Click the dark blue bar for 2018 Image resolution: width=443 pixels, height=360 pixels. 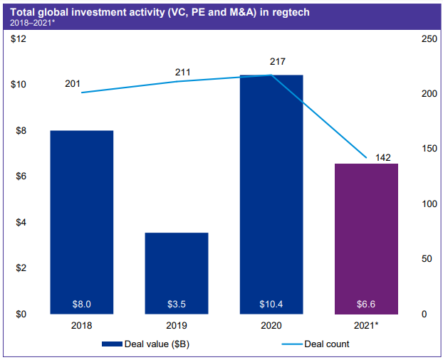pyautogui.click(x=82, y=221)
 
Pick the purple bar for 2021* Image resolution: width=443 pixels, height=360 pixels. pyautogui.click(x=366, y=238)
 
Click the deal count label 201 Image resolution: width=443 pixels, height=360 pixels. pyautogui.click(x=73, y=84)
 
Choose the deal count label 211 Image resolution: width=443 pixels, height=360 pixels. pyautogui.click(x=184, y=73)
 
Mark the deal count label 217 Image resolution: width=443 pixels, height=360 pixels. pyautogui.click(x=278, y=63)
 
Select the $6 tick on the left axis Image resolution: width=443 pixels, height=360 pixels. pyautogui.click(x=21, y=176)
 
